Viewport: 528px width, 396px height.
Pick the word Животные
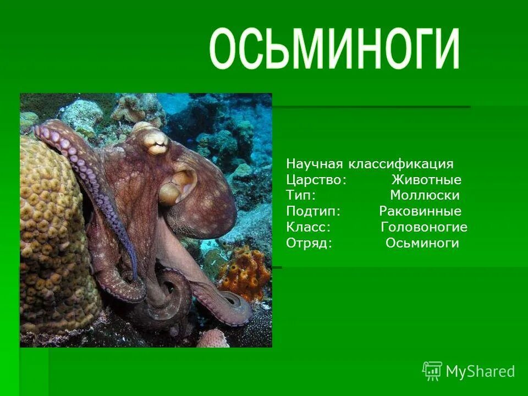[x=426, y=180]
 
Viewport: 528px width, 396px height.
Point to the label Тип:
[x=301, y=195]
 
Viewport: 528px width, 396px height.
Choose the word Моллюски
[x=425, y=195]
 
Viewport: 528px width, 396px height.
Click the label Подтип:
[x=313, y=211]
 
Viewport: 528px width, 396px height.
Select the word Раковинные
[x=420, y=211]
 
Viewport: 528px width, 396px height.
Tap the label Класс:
[x=308, y=227]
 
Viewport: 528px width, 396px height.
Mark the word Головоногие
[x=424, y=227]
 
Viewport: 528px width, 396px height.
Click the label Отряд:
[x=309, y=243]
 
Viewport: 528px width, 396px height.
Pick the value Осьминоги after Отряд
[x=422, y=243]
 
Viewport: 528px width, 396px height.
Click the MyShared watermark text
[x=480, y=371]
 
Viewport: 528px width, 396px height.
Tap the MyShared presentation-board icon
[x=432, y=371]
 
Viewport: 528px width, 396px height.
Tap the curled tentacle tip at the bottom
[x=234, y=302]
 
